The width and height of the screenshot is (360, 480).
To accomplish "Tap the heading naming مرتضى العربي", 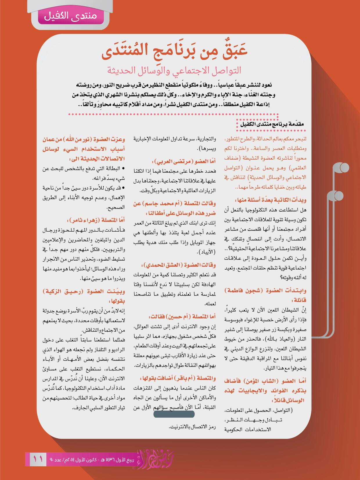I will tap(184, 161).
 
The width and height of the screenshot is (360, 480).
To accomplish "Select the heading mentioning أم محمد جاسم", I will tap(174, 208).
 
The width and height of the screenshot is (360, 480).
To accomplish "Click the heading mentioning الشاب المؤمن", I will tap(265, 391).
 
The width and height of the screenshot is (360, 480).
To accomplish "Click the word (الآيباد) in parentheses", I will tap(206, 252).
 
